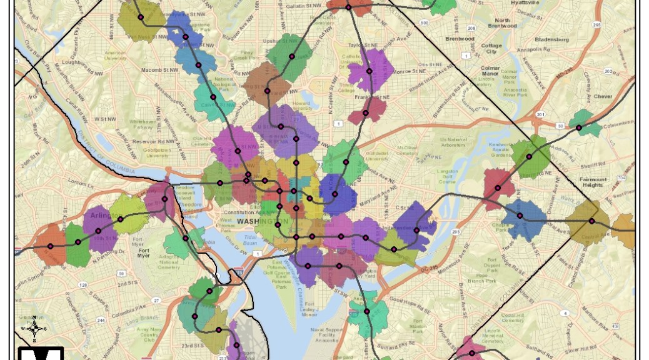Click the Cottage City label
tap(492, 49)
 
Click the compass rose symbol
tap(35, 327)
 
